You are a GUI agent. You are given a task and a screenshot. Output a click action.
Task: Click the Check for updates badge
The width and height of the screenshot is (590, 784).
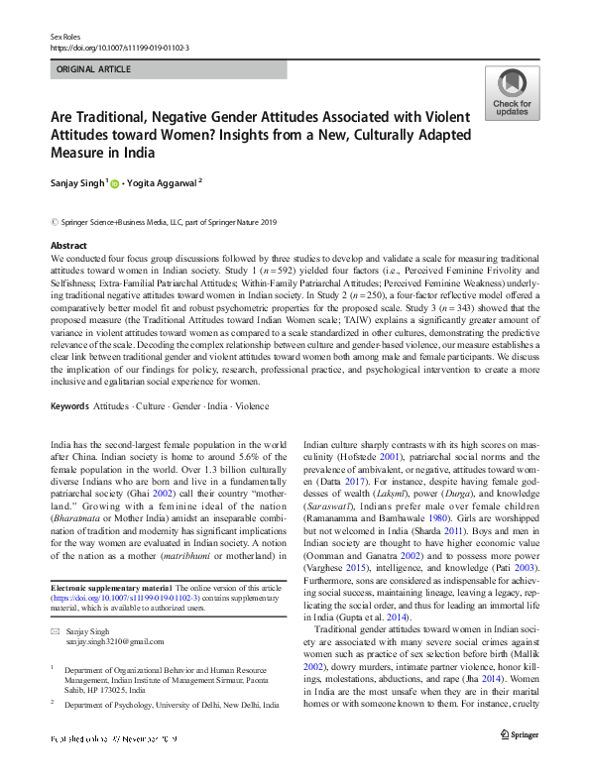point(511,94)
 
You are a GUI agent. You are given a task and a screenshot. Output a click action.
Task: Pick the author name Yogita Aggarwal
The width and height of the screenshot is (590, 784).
point(166,183)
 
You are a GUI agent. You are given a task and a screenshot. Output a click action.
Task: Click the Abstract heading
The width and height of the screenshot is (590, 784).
point(68,245)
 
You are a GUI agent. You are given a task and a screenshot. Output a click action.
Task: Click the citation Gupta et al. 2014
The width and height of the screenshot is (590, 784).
point(353,589)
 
